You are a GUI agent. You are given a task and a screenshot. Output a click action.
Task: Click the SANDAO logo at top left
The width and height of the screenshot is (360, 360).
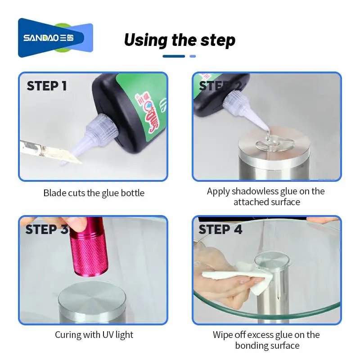(x=55, y=38)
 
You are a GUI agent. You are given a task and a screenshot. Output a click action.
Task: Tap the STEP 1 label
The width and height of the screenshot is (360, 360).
(x=47, y=86)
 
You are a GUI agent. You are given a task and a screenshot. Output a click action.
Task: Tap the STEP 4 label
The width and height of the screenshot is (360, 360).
(x=220, y=229)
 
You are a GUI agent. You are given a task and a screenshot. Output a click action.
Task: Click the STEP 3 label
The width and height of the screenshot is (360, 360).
(x=47, y=229)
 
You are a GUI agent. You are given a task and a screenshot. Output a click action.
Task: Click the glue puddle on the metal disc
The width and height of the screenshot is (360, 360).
(x=270, y=143)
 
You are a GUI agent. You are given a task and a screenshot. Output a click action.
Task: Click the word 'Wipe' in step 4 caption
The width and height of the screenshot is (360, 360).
(x=224, y=335)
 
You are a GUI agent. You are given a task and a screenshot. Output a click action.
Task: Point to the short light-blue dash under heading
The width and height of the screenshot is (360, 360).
(x=193, y=56)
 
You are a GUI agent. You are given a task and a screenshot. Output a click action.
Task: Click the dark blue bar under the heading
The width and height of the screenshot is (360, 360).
(x=174, y=56)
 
